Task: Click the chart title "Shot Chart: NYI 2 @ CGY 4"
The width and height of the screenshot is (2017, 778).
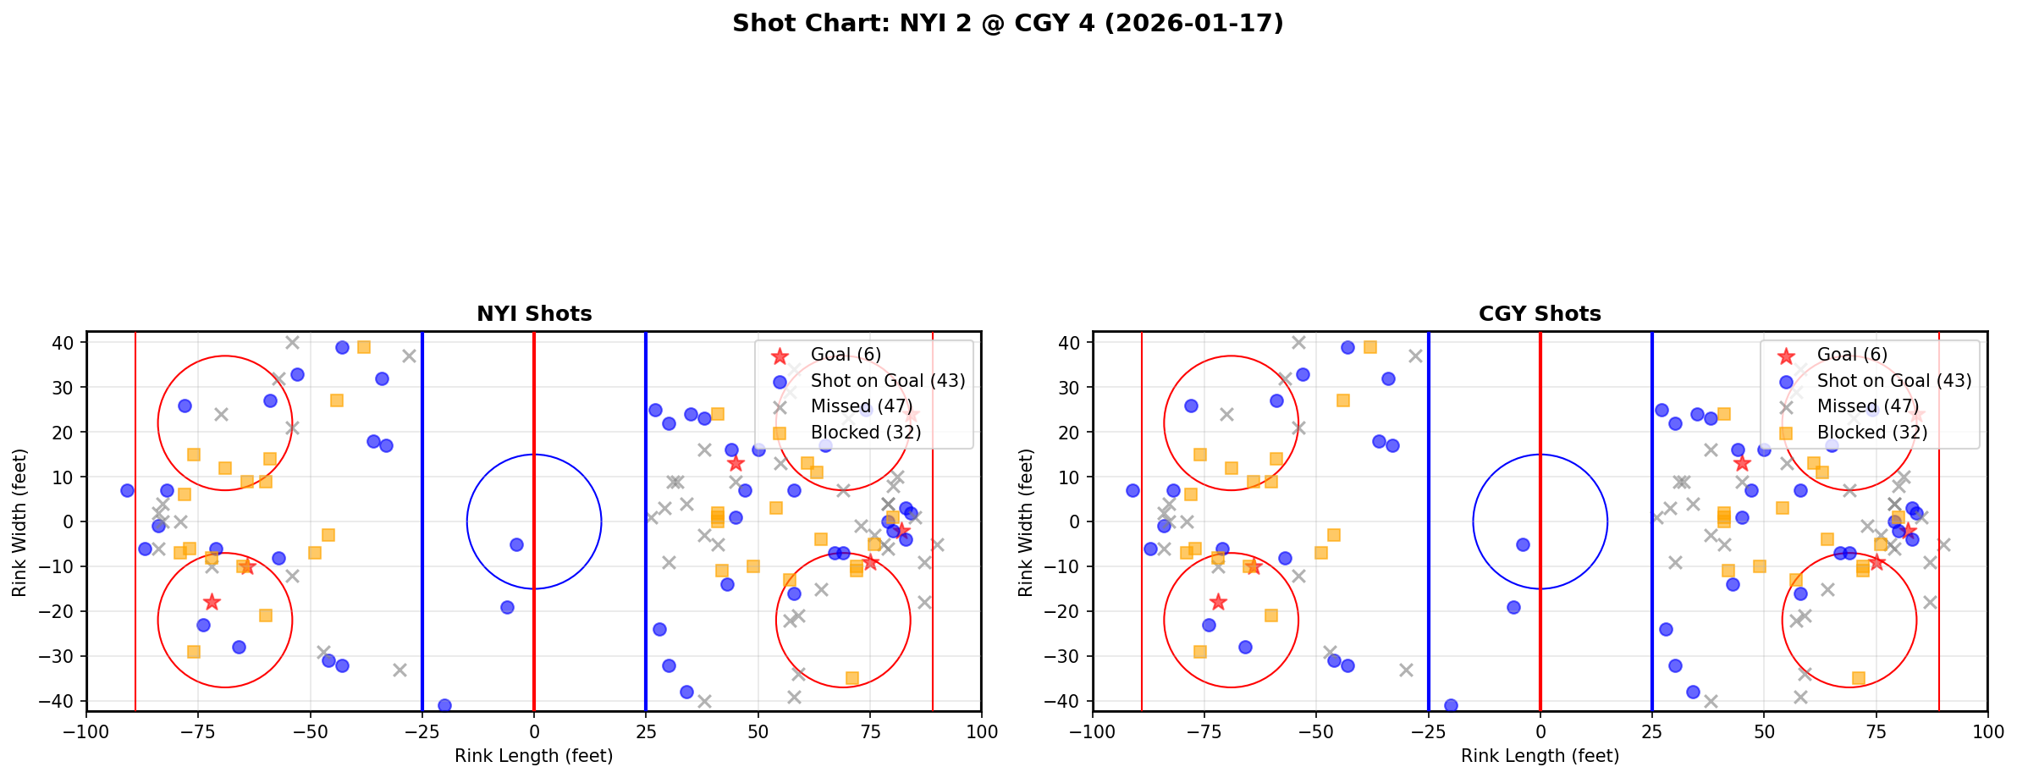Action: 1007,24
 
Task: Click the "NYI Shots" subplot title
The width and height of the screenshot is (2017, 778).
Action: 534,314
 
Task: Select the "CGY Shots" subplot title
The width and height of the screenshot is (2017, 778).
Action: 1540,314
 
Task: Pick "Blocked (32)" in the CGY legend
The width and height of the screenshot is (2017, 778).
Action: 1872,433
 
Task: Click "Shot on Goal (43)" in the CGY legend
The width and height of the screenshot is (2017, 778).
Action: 1894,381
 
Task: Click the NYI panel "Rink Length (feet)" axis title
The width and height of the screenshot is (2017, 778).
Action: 534,756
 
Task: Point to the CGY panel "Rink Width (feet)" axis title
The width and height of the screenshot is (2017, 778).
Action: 1026,522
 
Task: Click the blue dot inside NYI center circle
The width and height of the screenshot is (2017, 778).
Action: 516,544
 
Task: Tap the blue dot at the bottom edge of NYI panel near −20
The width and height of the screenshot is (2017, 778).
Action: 444,705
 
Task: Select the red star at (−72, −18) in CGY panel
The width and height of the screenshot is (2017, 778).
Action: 1218,602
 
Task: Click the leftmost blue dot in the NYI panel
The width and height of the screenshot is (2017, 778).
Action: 127,490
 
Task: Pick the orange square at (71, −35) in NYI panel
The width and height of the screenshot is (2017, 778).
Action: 851,678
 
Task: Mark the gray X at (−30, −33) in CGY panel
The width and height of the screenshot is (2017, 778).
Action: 1406,670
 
